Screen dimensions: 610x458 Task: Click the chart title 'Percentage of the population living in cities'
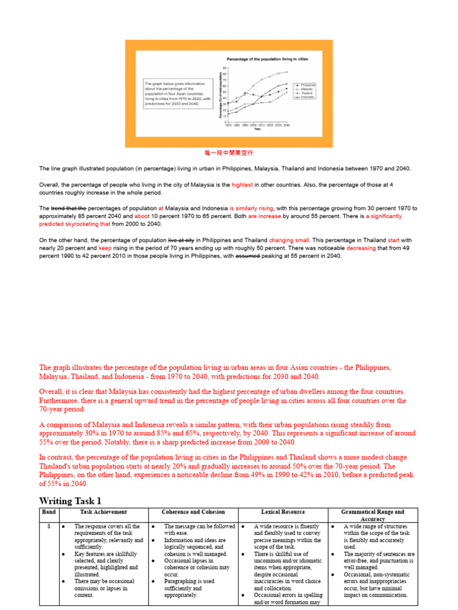point(267,60)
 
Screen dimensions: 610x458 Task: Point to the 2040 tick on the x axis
point(287,126)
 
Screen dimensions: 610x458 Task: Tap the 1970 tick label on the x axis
point(228,126)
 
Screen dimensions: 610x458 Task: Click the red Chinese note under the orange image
point(229,153)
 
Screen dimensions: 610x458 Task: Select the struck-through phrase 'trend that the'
point(69,208)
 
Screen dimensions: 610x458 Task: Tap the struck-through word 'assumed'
point(248,256)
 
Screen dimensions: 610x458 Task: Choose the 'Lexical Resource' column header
point(283,512)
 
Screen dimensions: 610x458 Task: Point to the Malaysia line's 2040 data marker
point(287,72)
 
